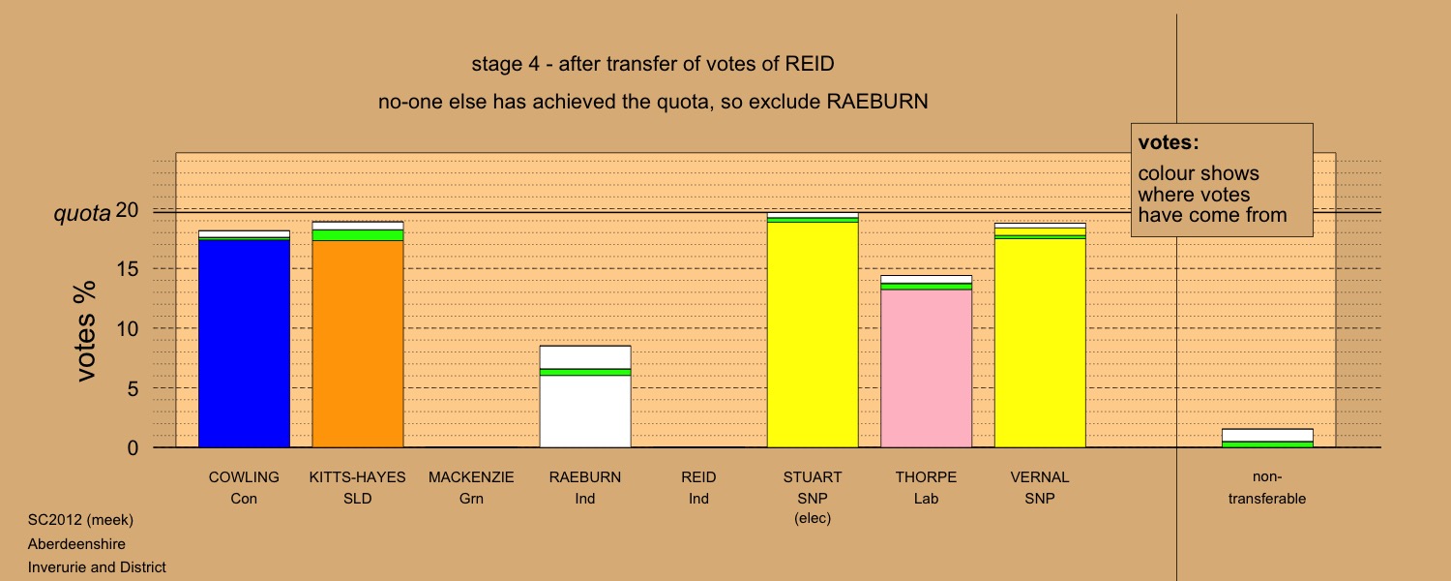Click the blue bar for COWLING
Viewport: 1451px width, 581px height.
[x=244, y=339]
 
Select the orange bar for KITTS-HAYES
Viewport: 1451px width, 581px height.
[x=358, y=335]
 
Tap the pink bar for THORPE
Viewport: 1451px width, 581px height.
[x=927, y=362]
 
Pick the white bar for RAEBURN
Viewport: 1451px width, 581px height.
[x=585, y=397]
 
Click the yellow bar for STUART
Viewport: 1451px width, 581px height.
[x=813, y=330]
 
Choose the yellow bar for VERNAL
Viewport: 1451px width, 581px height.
[x=1040, y=335]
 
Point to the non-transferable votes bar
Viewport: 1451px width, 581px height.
[x=1267, y=439]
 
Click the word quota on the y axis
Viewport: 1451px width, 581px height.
[x=82, y=213]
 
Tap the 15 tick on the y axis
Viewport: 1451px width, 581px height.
[x=128, y=269]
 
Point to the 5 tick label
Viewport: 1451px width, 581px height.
[x=133, y=388]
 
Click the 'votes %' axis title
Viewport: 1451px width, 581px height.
[x=85, y=331]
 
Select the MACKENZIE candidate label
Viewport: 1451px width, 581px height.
[x=471, y=477]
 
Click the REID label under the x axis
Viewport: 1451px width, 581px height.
[x=698, y=477]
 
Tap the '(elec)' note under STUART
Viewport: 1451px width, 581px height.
[x=813, y=518]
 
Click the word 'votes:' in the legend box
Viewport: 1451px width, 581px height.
[x=1169, y=142]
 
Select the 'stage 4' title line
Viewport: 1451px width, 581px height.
[x=653, y=64]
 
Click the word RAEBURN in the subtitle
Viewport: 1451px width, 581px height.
[x=877, y=102]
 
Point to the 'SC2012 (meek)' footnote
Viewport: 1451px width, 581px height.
[x=80, y=520]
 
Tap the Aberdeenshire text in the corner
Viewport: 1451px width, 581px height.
[x=76, y=544]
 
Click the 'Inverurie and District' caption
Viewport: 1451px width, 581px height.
[x=97, y=567]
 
